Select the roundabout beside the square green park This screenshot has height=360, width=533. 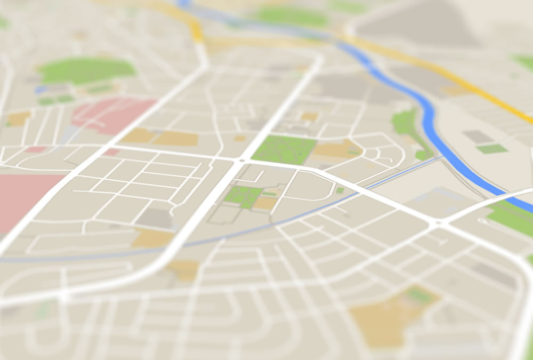point(242,159)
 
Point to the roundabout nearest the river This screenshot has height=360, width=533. point(438,222)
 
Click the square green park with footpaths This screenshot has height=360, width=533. point(282,149)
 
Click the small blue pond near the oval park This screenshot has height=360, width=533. point(42,90)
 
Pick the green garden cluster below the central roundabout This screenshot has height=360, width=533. point(243,196)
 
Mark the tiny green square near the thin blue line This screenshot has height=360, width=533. point(340,190)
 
